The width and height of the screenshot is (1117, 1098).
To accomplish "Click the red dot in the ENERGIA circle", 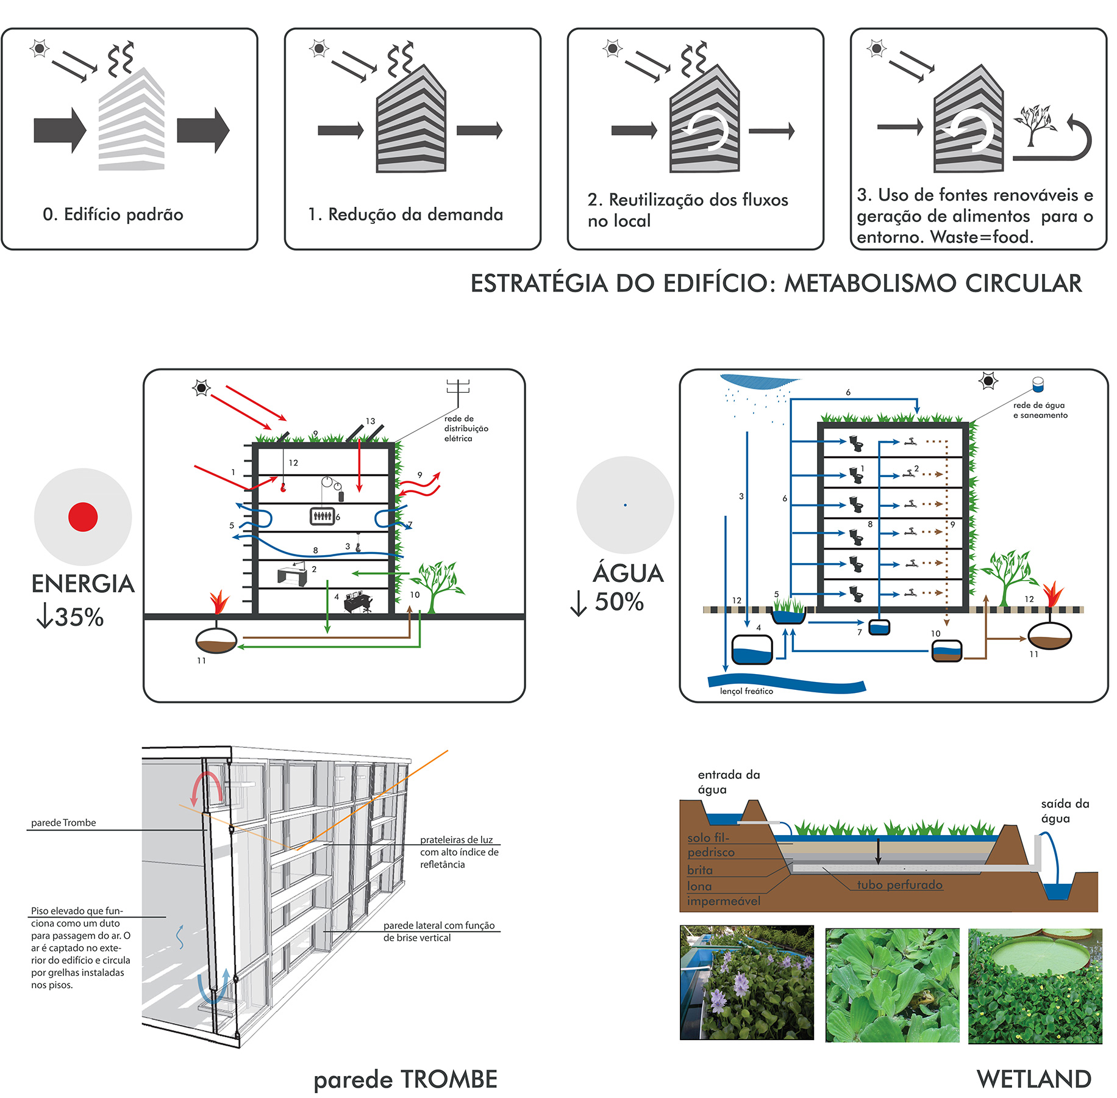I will (83, 517).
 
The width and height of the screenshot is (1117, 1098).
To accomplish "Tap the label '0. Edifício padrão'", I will (113, 215).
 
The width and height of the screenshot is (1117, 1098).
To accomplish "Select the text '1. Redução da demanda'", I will (405, 215).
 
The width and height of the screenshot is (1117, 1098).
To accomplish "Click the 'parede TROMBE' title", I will (405, 1079).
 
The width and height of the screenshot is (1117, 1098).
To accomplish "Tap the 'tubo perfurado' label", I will (899, 884).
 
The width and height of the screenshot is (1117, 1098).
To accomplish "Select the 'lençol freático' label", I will (746, 691).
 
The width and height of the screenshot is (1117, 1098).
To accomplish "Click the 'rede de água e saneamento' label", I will (1040, 410).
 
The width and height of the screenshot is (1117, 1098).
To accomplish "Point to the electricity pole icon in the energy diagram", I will (458, 390).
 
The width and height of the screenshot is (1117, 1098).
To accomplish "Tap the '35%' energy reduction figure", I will (78, 617).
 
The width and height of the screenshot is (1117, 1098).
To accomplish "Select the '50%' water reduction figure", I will (619, 602).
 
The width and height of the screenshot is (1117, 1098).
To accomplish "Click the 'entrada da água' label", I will (729, 782).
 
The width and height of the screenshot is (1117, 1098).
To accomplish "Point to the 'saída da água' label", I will (1065, 811).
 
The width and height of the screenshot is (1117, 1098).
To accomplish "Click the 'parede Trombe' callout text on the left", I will (63, 823).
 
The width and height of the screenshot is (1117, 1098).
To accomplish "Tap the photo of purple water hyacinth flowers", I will (746, 983).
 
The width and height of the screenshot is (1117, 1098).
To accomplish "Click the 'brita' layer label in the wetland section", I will (699, 870).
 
